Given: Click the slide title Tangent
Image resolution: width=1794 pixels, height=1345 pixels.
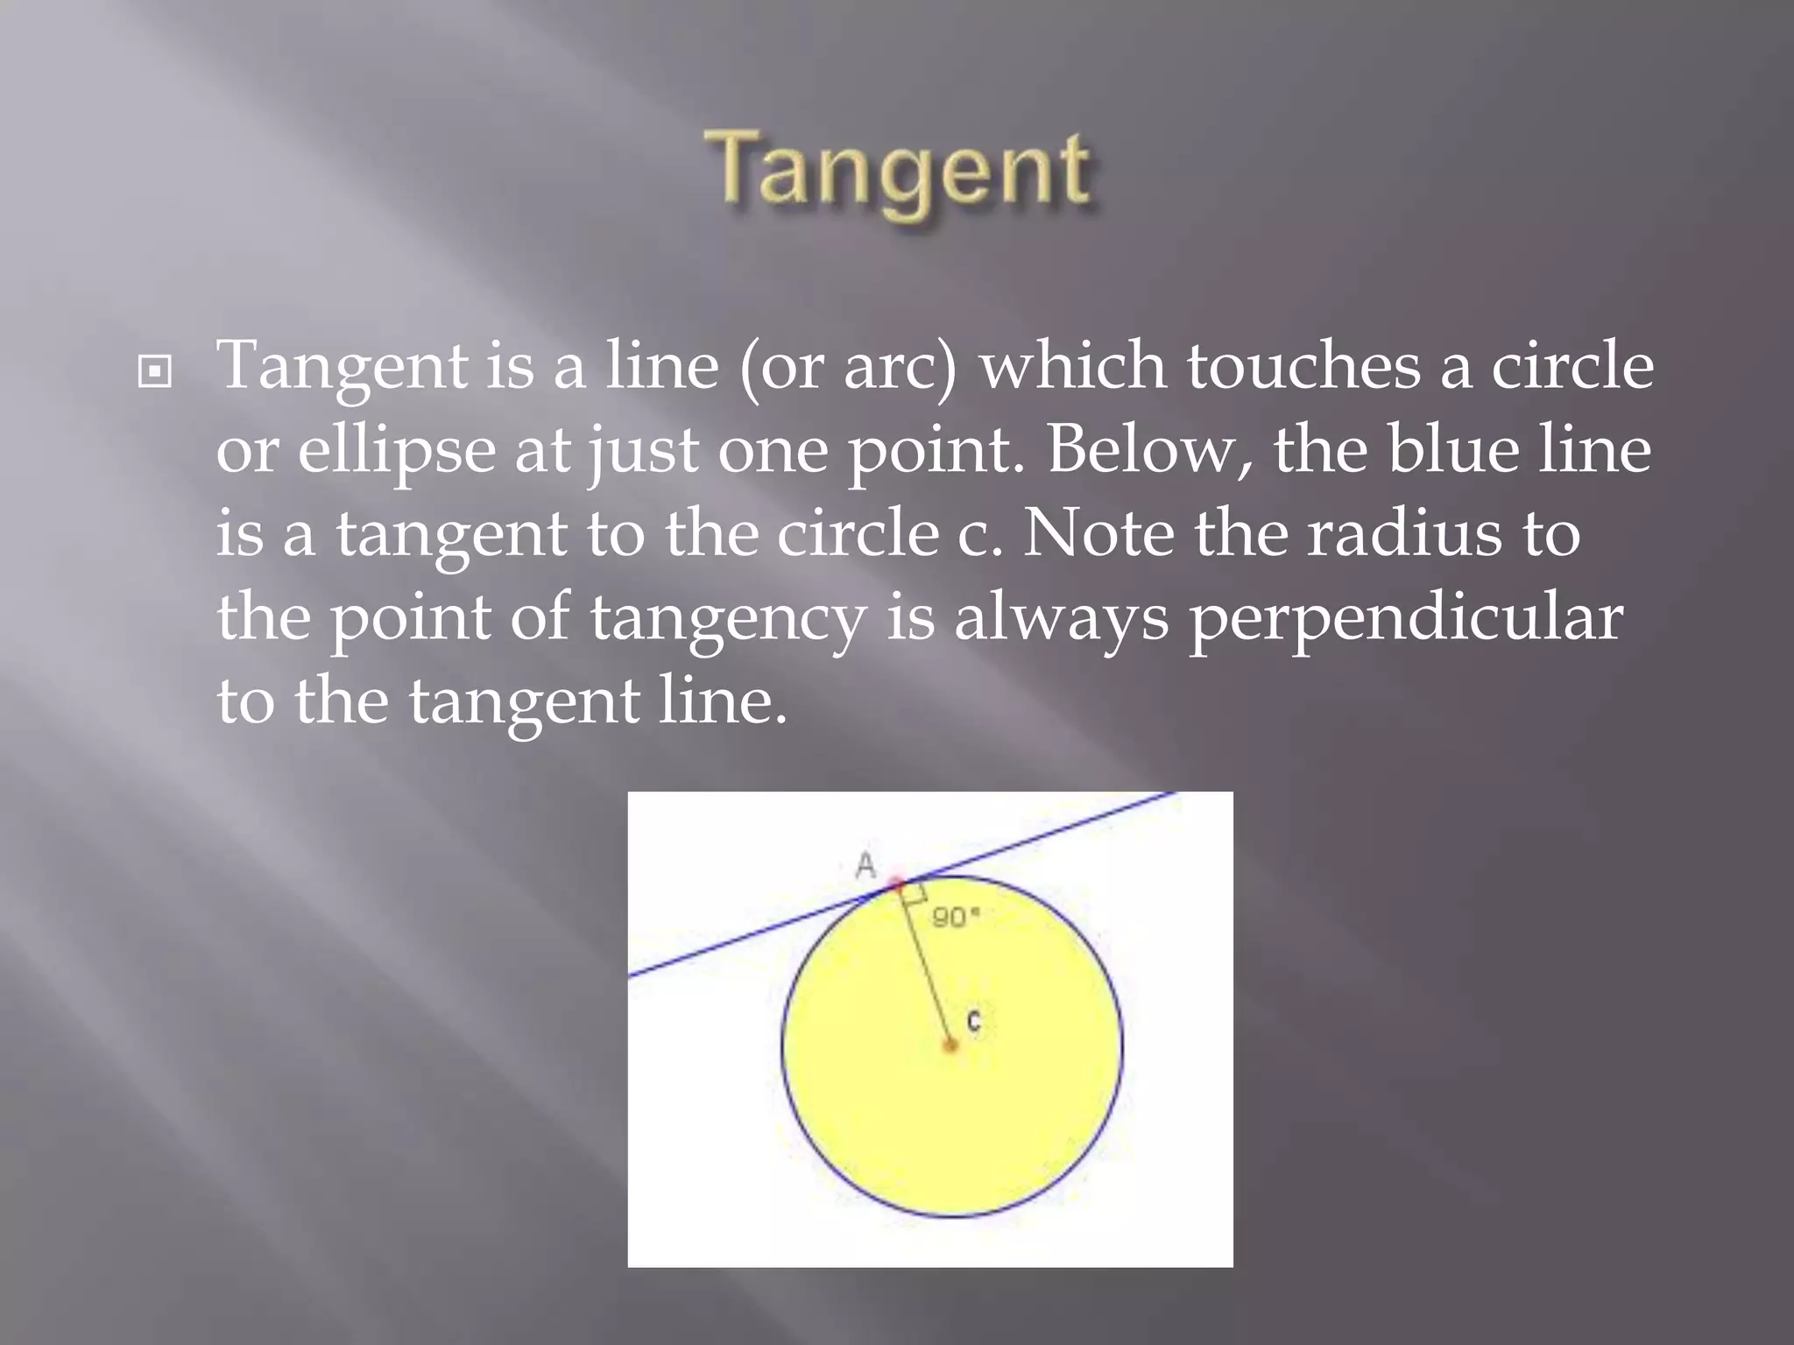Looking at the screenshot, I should click(901, 171).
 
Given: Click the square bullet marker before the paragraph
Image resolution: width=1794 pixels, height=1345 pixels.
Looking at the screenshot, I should click(155, 372).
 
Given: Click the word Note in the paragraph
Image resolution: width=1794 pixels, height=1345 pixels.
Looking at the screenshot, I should click(1098, 534).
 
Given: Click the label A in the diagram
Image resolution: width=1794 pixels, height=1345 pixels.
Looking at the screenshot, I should click(865, 866).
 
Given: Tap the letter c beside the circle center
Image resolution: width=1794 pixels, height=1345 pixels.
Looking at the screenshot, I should click(974, 1021).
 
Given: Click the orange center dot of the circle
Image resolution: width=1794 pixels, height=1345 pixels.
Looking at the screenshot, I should click(950, 1045).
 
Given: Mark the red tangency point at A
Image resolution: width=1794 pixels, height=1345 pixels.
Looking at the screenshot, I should click(896, 883).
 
